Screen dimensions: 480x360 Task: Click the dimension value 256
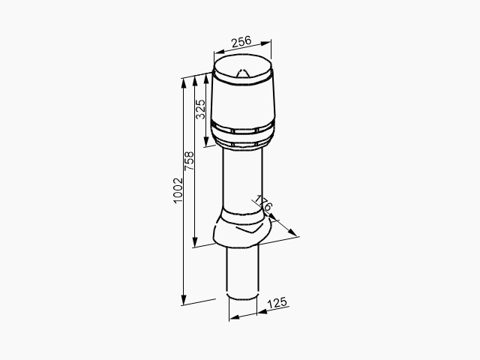point(241,42)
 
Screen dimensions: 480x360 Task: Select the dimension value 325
point(201,109)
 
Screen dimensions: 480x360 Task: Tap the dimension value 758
point(189,160)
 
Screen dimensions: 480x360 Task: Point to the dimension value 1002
point(178,190)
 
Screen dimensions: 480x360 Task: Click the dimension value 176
point(263,203)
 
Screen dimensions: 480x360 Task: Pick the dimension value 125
point(277,303)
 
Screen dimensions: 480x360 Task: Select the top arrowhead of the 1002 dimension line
point(184,83)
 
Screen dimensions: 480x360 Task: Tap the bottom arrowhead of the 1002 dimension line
point(184,300)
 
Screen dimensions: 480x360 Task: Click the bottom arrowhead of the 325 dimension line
point(206,142)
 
